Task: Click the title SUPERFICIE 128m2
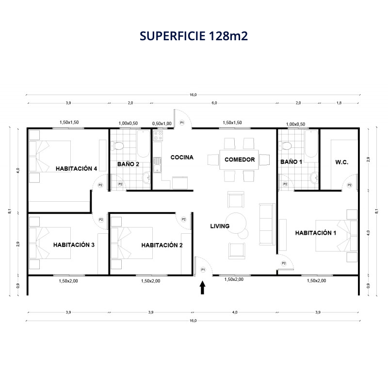click(194, 36)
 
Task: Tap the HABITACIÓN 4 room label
click(76, 168)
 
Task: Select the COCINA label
click(182, 157)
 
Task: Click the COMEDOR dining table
click(239, 160)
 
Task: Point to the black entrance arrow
click(202, 288)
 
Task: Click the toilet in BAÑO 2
click(117, 146)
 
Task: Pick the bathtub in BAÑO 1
click(311, 144)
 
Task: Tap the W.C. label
click(342, 162)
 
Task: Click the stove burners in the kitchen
click(158, 136)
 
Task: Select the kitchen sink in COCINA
click(157, 165)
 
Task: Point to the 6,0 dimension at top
click(214, 103)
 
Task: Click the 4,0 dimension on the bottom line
click(235, 312)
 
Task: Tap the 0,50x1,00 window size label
click(162, 124)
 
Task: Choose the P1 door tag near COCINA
click(182, 123)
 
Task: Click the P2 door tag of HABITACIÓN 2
click(184, 219)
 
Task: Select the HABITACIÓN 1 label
click(316, 233)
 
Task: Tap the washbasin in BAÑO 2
click(146, 178)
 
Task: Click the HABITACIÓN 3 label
click(74, 245)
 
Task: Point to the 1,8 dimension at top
click(339, 103)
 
